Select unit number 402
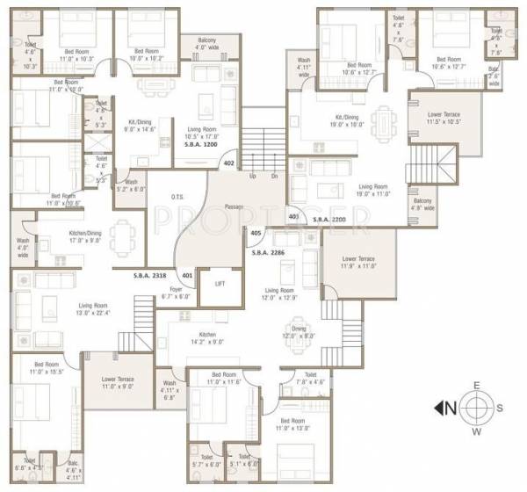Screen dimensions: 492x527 [229, 163]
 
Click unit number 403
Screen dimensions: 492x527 [293, 215]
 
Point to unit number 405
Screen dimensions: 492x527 [256, 234]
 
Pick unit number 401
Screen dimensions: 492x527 [186, 274]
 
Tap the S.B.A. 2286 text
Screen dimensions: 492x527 [269, 253]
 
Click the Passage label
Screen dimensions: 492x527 [233, 206]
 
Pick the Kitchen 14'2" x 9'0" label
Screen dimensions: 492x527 [207, 338]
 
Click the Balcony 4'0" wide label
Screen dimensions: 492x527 [199, 44]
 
